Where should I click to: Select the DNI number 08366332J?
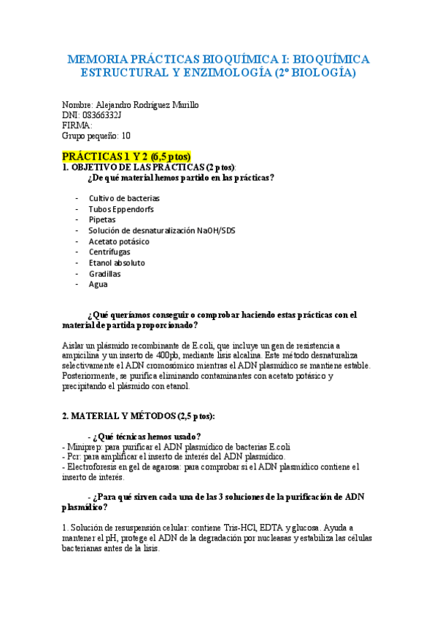pyautogui.click(x=101, y=114)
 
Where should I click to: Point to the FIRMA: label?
pyautogui.click(x=77, y=125)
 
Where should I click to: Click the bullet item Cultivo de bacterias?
pyautogui.click(x=124, y=197)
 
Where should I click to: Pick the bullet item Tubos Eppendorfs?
pyautogui.click(x=120, y=208)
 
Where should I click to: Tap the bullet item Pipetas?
pyautogui.click(x=102, y=219)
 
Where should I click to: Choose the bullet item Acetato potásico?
pyautogui.click(x=119, y=241)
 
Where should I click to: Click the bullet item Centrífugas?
pyautogui.click(x=110, y=252)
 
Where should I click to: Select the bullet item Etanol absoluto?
pyautogui.click(x=117, y=262)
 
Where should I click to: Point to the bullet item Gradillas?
pyautogui.click(x=105, y=274)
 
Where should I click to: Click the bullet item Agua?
pyautogui.click(x=98, y=285)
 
